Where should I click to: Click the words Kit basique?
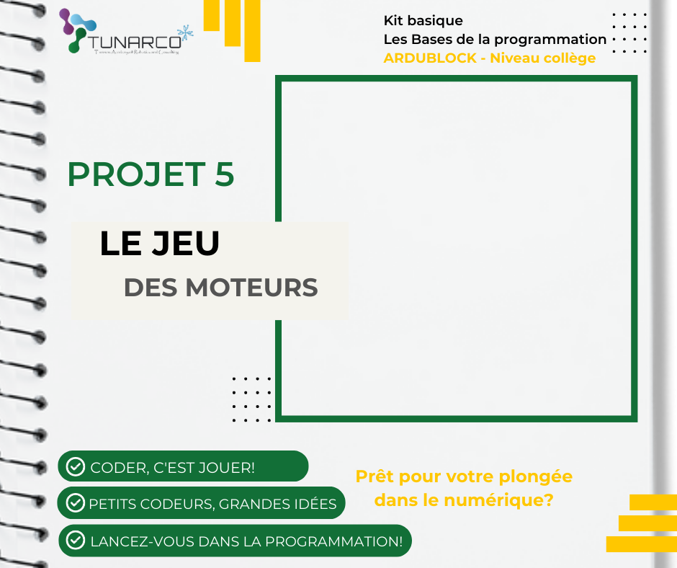423,20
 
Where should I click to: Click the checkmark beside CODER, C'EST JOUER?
75,467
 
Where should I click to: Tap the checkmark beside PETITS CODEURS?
75,502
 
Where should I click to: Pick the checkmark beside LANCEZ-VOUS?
75,540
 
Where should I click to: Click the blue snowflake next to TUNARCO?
187,32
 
